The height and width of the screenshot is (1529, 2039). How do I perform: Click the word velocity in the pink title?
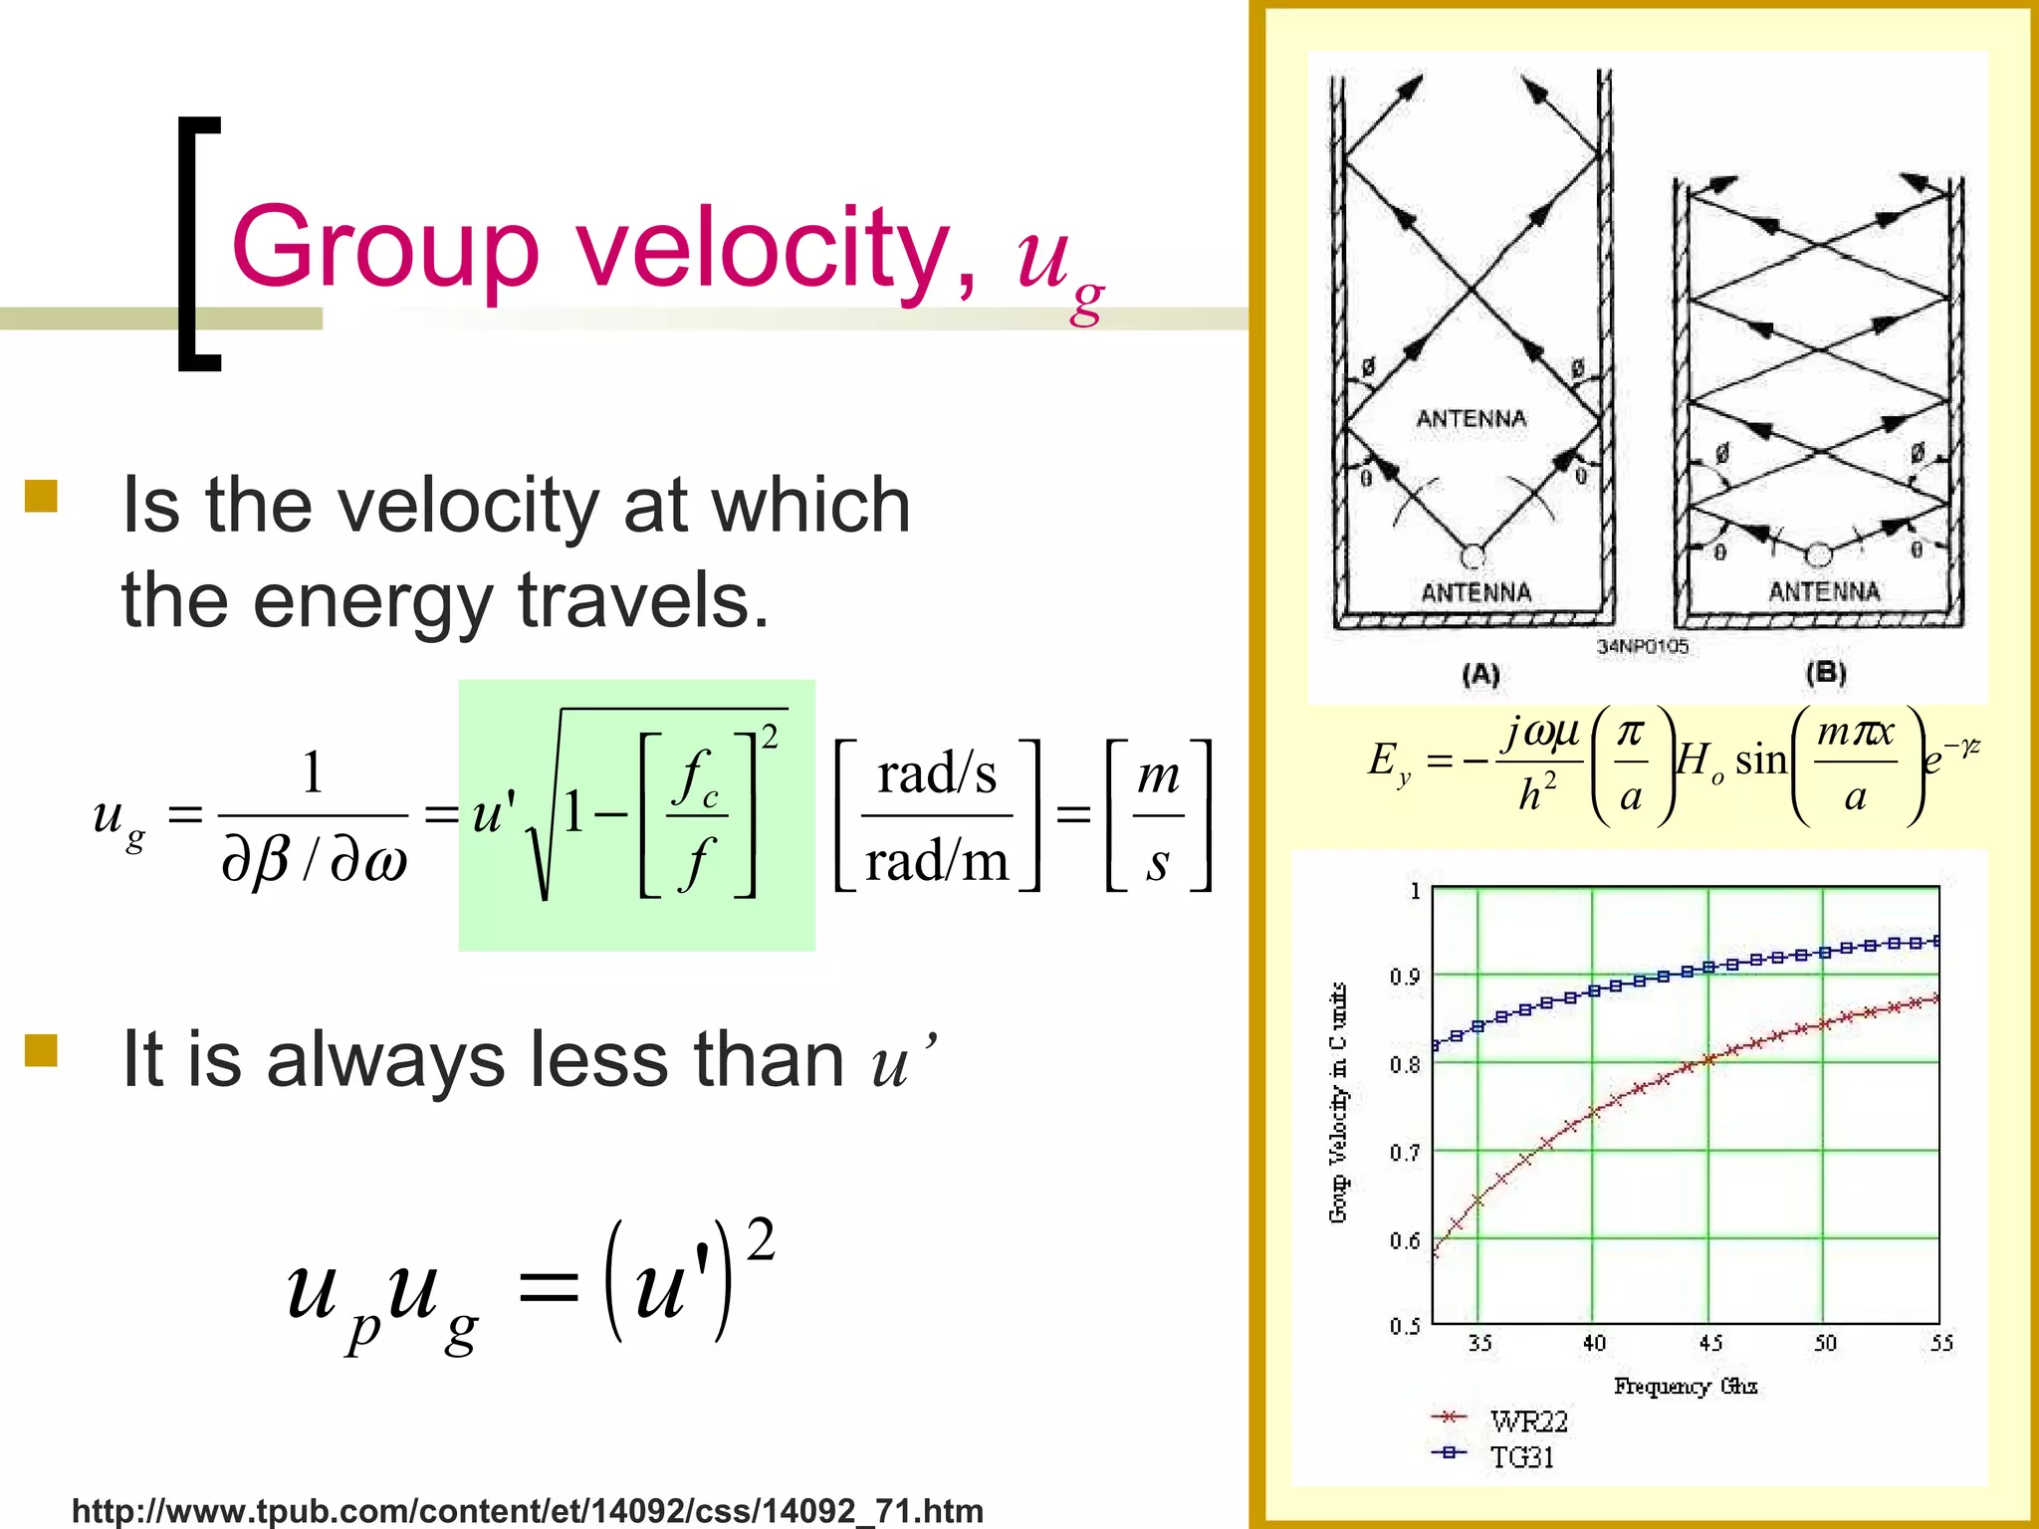(765, 247)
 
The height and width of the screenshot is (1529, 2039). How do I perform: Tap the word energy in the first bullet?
(372, 600)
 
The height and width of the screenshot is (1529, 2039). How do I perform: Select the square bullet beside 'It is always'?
(41, 1050)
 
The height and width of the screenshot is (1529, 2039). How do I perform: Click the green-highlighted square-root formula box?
(636, 815)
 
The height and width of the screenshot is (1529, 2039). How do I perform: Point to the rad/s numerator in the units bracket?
(937, 774)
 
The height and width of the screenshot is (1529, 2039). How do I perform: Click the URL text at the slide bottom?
(528, 1510)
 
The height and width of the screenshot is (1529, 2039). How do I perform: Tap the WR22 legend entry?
(1528, 1420)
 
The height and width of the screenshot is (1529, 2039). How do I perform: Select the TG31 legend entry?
(1521, 1456)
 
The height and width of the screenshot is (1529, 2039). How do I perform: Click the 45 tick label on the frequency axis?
(1710, 1343)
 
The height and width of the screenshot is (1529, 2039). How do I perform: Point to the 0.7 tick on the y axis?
(1405, 1153)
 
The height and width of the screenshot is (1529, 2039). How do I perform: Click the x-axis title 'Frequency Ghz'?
(1686, 1386)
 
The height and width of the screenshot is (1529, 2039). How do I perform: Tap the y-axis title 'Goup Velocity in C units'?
(1339, 1102)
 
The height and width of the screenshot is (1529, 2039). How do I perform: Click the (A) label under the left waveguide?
(1480, 675)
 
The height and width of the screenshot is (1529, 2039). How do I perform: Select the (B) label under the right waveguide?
(1826, 673)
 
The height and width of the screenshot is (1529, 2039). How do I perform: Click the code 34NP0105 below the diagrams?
(1643, 646)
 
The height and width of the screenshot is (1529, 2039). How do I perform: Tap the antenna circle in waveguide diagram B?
(1818, 553)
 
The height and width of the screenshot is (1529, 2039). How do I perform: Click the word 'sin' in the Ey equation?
(1761, 761)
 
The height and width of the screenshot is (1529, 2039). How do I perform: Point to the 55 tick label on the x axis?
(1941, 1343)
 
